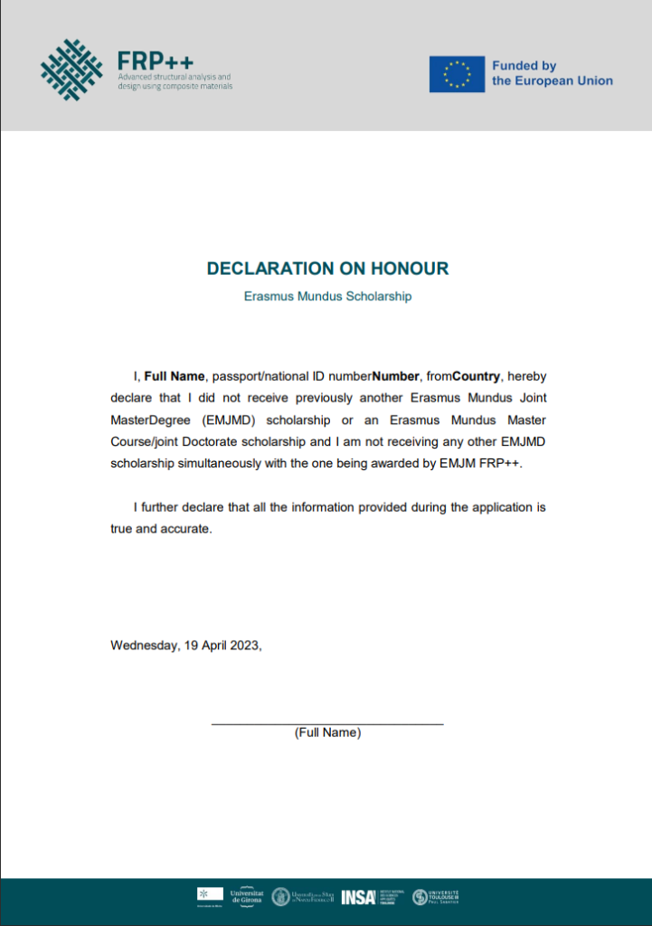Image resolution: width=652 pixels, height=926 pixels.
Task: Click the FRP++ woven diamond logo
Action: coord(71,70)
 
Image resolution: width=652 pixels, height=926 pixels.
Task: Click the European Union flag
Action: coord(457,73)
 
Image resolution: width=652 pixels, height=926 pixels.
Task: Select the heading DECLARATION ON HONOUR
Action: coord(327,269)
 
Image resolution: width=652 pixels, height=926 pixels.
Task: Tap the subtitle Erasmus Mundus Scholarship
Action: coord(327,297)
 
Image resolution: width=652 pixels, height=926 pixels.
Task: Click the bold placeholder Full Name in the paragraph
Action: coord(175,375)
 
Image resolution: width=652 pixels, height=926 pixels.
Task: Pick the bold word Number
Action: coord(396,375)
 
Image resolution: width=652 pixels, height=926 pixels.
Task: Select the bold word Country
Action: coord(476,375)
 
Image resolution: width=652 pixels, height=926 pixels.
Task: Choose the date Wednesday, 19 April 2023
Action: coord(185,645)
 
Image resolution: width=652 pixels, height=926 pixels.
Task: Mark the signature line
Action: coord(327,723)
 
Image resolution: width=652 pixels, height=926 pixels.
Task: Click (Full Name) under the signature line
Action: coord(327,732)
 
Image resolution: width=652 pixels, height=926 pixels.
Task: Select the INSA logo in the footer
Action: coord(358,896)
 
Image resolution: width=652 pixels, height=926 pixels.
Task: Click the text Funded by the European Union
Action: coord(552,73)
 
